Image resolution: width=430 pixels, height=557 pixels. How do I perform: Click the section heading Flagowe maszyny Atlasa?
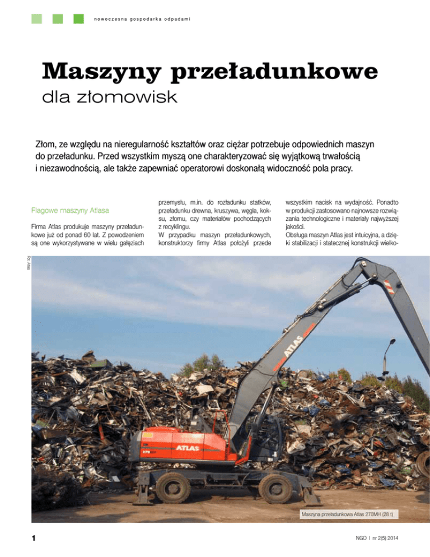click(x=71, y=211)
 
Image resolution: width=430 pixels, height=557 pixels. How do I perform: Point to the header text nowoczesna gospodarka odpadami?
click(x=143, y=20)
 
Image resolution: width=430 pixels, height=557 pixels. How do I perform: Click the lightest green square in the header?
click(x=37, y=19)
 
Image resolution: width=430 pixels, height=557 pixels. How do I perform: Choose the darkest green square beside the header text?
click(x=78, y=19)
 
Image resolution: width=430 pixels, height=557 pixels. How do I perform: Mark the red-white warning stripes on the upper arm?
click(x=390, y=287)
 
